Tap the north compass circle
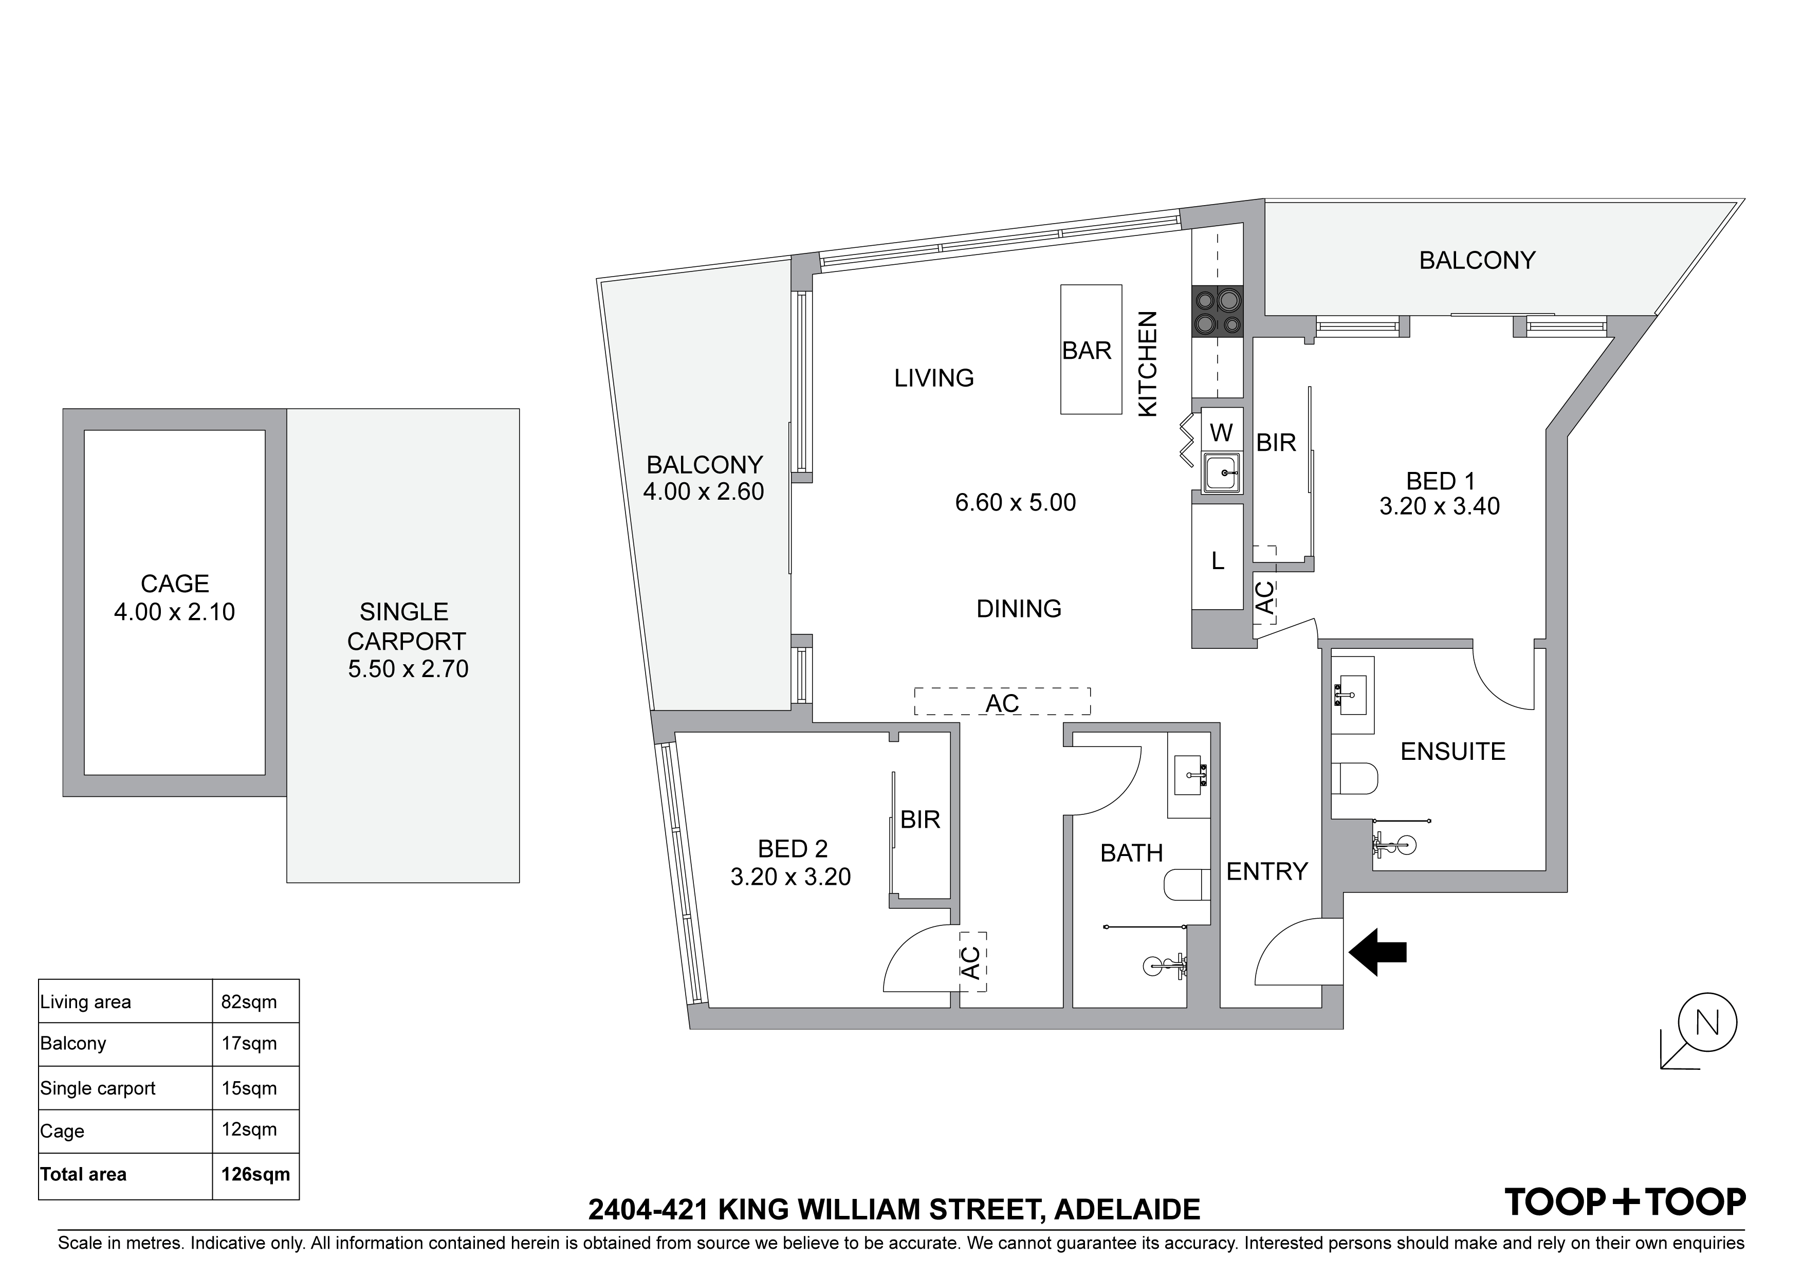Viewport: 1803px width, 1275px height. (x=1707, y=1023)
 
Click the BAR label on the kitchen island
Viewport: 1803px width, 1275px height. (x=1087, y=351)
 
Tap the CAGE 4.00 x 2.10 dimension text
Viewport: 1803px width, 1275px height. (x=174, y=612)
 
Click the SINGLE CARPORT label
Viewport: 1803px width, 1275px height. (x=407, y=627)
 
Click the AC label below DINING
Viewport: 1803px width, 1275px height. (x=1002, y=704)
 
